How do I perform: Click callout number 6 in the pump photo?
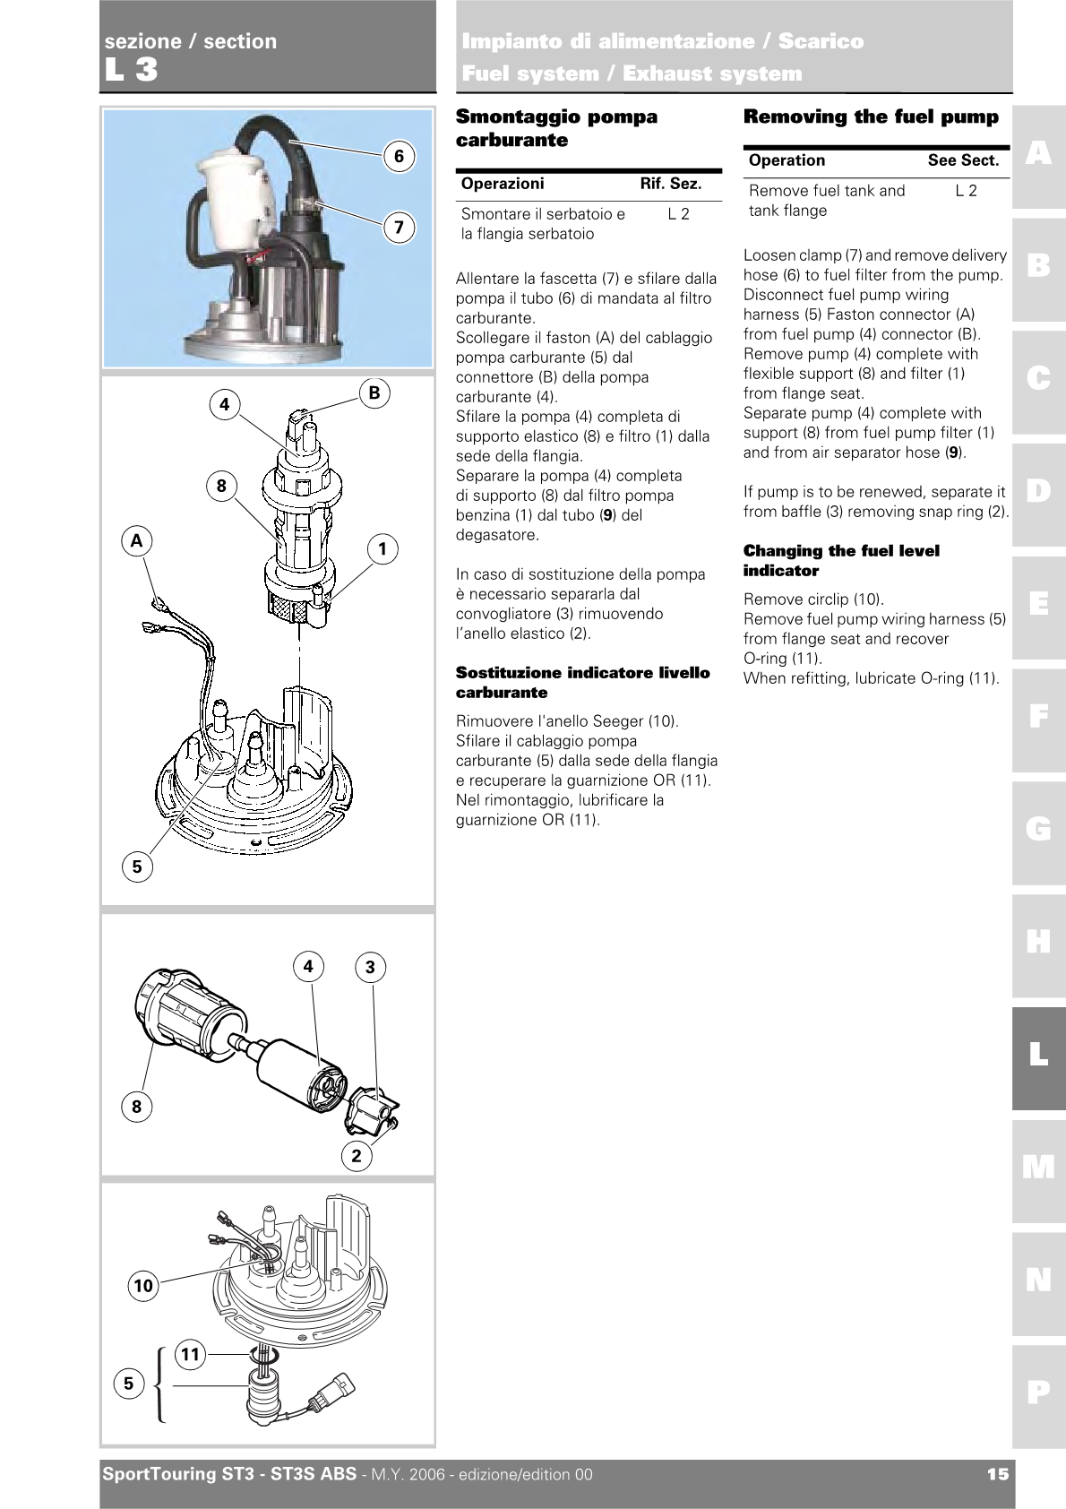click(x=400, y=157)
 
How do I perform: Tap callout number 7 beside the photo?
click(x=400, y=228)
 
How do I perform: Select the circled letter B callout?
click(x=374, y=392)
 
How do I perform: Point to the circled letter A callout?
click(x=137, y=540)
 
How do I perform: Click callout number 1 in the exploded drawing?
click(x=383, y=548)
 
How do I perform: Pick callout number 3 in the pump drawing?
click(x=370, y=967)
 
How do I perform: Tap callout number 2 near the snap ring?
click(x=357, y=1155)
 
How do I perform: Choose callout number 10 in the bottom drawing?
click(x=143, y=1286)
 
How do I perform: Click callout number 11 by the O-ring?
click(x=190, y=1353)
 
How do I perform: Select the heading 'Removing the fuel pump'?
click(x=871, y=116)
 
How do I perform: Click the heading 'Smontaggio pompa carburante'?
click(x=556, y=128)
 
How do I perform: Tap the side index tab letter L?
click(x=1038, y=1055)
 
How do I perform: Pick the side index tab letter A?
click(x=1038, y=154)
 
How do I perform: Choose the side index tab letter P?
click(x=1038, y=1392)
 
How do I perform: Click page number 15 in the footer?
click(x=997, y=1474)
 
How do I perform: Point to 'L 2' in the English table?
click(x=966, y=191)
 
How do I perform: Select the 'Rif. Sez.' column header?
click(x=670, y=184)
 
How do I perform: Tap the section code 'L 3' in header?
click(x=131, y=70)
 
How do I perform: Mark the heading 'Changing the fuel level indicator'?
click(x=841, y=560)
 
